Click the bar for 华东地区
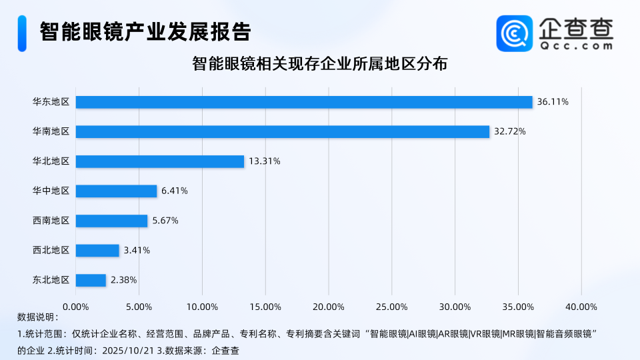[x=304, y=102]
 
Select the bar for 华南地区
[x=283, y=132]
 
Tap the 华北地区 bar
[x=160, y=161]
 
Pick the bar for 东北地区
[x=91, y=280]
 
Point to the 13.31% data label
[x=265, y=161]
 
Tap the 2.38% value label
[x=123, y=280]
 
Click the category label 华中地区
[x=51, y=191]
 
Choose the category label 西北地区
[x=51, y=251]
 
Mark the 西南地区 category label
[x=51, y=221]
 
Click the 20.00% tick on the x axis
[x=329, y=307]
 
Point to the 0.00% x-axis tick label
[x=75, y=307]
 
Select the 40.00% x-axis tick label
[x=581, y=307]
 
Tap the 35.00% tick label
[x=518, y=307]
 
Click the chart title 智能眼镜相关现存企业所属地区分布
[x=319, y=65]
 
